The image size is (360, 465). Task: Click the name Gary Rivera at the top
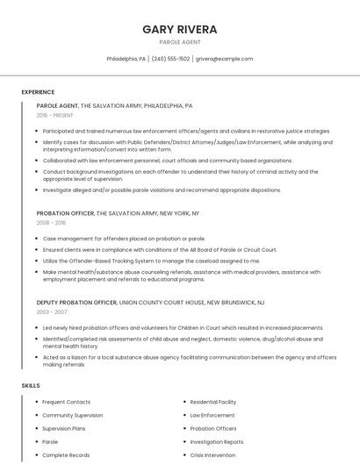(180, 29)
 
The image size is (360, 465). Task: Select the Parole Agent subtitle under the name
(180, 42)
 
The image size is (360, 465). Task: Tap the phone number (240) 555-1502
(170, 59)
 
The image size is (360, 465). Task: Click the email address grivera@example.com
(224, 59)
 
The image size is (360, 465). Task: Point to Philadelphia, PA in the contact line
(126, 59)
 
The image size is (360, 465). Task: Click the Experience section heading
(38, 92)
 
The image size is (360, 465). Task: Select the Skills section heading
(30, 386)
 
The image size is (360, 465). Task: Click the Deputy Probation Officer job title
(76, 302)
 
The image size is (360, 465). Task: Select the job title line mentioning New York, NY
(118, 213)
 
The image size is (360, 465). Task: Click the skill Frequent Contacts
(67, 402)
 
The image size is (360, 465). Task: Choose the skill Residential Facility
(214, 402)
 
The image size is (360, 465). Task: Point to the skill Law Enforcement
(212, 415)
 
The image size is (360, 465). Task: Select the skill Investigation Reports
(217, 442)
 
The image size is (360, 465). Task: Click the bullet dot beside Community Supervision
(37, 415)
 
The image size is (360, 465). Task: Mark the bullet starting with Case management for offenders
(124, 239)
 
